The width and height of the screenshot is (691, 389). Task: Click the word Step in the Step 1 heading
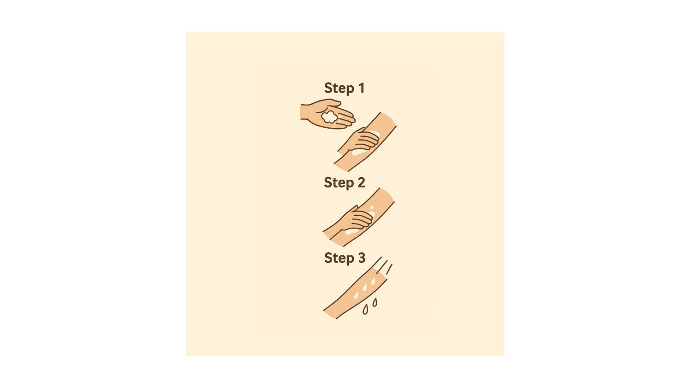[x=339, y=88]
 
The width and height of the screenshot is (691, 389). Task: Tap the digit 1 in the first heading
[x=361, y=88]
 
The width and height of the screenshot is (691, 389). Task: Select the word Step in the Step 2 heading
[x=339, y=183]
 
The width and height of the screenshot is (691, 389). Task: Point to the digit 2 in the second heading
[x=361, y=183]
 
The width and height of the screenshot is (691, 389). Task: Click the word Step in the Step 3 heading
[x=339, y=258]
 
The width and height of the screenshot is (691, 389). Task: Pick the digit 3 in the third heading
[x=362, y=258]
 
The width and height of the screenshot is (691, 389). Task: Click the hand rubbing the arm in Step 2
[x=355, y=218]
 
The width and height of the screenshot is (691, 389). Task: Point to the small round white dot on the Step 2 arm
[x=372, y=207]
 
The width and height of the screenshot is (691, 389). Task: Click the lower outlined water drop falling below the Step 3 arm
[x=365, y=310]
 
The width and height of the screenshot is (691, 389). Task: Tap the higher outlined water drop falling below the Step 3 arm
[x=375, y=302]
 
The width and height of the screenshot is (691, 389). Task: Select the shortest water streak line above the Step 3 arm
[x=389, y=269]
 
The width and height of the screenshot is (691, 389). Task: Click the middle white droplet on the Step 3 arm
[x=365, y=288]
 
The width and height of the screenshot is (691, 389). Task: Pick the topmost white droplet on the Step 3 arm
[x=373, y=281]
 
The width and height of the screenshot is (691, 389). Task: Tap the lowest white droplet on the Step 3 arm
[x=356, y=295]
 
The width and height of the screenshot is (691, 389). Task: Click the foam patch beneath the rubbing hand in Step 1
[x=359, y=152]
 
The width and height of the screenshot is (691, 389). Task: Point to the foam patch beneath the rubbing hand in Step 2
[x=351, y=231]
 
